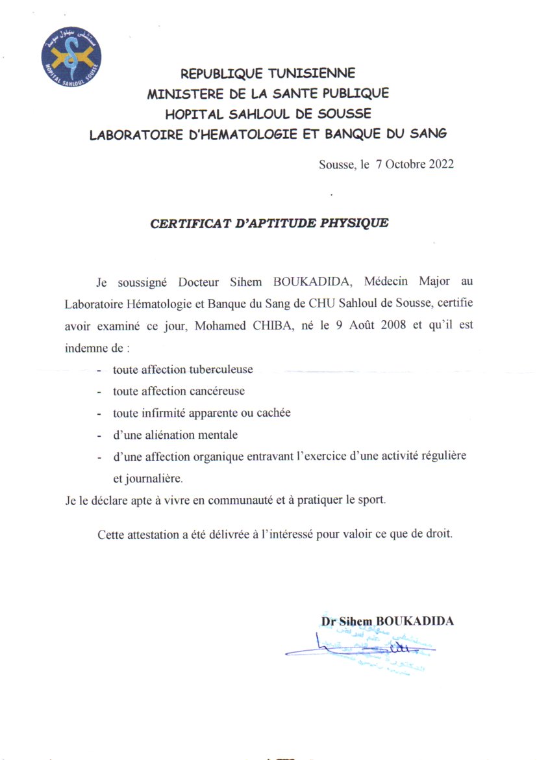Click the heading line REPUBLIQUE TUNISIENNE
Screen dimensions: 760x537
268,73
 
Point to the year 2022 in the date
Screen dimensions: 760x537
441,164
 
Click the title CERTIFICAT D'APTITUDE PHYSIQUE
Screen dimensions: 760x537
269,223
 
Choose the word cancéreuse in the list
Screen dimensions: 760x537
216,391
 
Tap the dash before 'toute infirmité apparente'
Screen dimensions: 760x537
99,413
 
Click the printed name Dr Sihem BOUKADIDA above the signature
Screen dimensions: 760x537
387,621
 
